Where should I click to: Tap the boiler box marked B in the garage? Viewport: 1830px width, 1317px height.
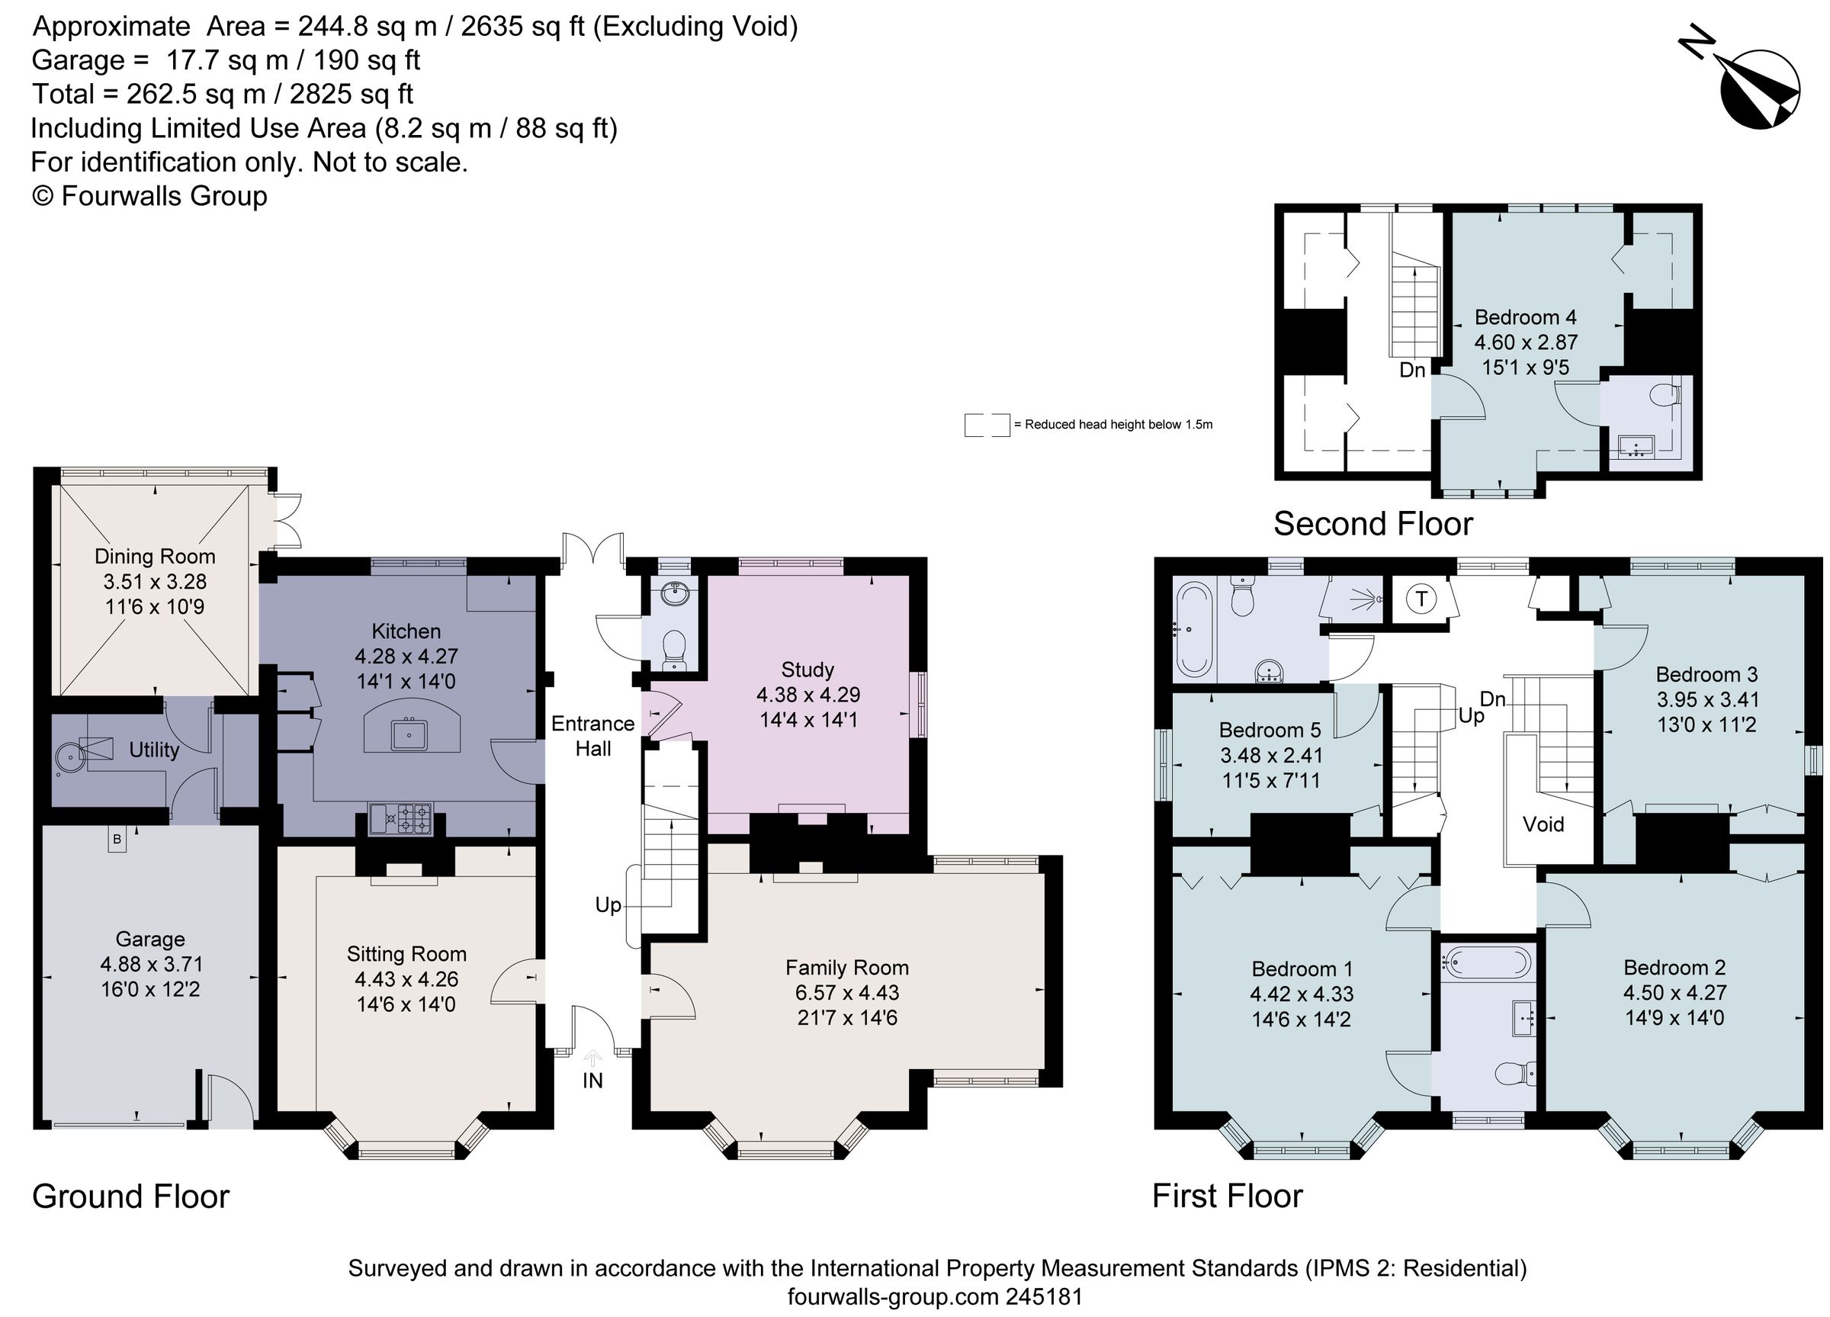click(x=117, y=840)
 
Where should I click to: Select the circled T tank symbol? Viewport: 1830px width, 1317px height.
click(x=1422, y=599)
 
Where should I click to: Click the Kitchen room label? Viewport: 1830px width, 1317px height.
click(x=406, y=631)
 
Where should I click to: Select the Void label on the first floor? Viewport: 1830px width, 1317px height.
click(x=1543, y=824)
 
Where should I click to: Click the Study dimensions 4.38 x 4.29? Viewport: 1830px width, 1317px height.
click(x=807, y=695)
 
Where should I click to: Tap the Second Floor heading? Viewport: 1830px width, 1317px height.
click(x=1372, y=525)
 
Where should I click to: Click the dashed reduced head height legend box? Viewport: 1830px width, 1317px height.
click(x=986, y=425)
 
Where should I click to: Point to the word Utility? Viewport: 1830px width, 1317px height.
click(x=154, y=750)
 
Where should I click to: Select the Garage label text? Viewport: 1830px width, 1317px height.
click(x=150, y=939)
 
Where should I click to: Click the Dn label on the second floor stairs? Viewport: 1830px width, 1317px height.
click(x=1412, y=371)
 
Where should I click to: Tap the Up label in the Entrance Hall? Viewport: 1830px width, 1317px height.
click(x=608, y=904)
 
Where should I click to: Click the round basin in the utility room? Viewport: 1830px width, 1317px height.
click(x=69, y=755)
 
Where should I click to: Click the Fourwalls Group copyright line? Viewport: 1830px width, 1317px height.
click(x=149, y=196)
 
